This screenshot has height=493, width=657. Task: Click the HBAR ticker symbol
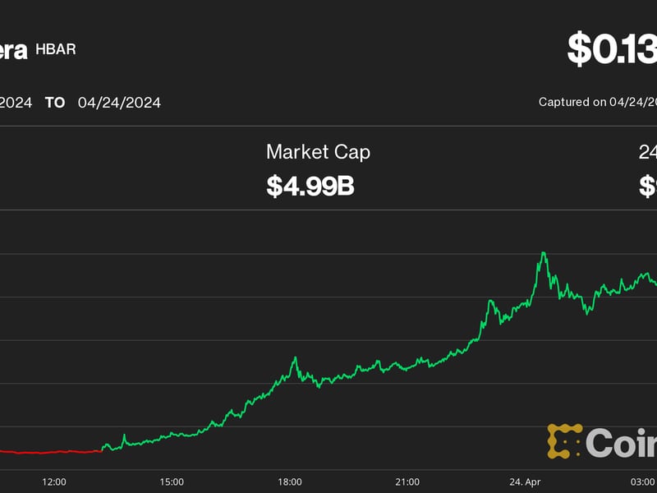coord(56,49)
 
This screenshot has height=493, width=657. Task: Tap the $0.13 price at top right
coord(612,49)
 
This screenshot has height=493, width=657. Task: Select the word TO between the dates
coord(55,103)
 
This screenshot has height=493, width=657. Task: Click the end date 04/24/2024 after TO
coord(119,103)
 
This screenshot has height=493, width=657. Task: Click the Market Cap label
coord(318,152)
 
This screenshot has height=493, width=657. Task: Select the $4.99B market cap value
coord(310,186)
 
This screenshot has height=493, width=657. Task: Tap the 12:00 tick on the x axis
coord(54,481)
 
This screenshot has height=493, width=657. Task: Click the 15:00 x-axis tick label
coord(172,481)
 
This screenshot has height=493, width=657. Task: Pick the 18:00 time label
coord(290,481)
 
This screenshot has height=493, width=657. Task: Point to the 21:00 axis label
coord(407,481)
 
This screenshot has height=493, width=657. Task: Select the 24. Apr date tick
coord(525,481)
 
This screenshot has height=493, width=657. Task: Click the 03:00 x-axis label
coord(642,481)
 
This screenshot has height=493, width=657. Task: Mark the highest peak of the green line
coord(543,253)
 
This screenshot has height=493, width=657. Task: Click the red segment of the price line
coord(49,452)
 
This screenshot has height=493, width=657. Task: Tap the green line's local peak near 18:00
coord(295,358)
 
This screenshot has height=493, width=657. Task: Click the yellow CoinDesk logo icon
coord(564,441)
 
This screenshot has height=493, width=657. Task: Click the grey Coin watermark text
coord(622,443)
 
